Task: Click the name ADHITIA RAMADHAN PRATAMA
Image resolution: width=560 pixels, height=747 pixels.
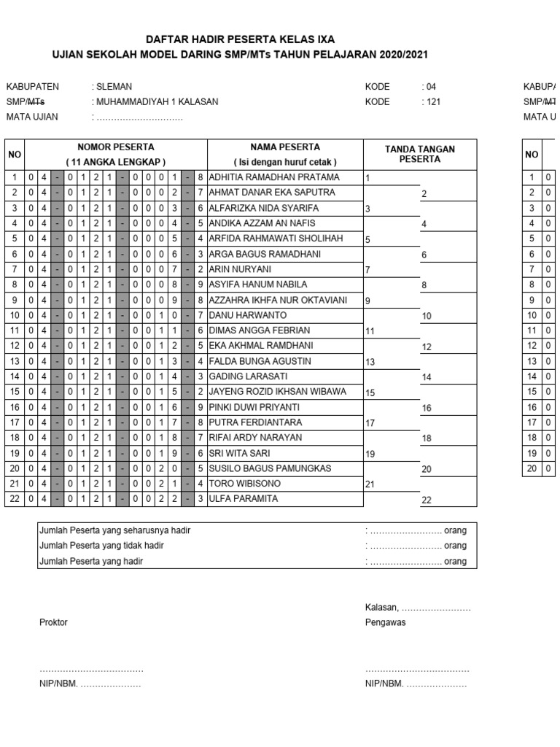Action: tap(274, 177)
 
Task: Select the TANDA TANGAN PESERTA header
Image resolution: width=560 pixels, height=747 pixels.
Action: tap(419, 154)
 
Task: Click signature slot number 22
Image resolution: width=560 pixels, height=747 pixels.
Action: tap(427, 500)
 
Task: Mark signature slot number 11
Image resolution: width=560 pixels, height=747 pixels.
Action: tap(370, 331)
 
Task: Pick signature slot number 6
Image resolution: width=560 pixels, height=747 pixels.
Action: tap(424, 255)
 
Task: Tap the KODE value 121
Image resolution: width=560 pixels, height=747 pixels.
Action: tap(432, 101)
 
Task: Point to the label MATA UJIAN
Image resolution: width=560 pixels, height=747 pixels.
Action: tap(32, 117)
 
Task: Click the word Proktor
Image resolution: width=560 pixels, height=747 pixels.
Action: tap(53, 622)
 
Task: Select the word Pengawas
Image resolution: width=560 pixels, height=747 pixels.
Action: tap(386, 622)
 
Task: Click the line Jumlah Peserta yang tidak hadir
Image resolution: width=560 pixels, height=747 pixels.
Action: tap(101, 546)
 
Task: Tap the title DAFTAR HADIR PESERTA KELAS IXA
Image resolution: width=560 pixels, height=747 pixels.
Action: tap(241, 39)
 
